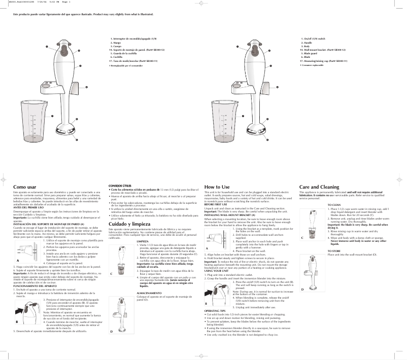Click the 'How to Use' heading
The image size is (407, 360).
coord(218,187)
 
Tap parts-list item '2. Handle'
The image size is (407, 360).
coord(306,43)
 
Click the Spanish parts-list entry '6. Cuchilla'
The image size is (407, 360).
coord(117,57)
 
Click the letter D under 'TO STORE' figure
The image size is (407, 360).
coord(302,289)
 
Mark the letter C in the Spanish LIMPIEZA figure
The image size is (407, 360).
coord(111,273)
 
